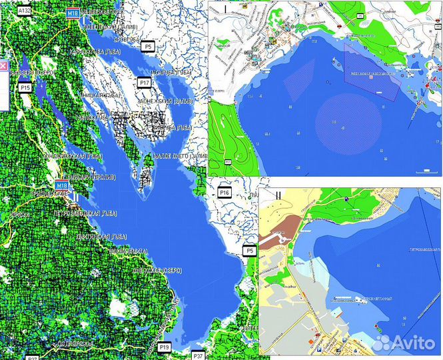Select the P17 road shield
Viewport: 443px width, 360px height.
(144, 82)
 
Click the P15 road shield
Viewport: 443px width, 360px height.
(26, 87)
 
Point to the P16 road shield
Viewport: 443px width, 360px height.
(224, 193)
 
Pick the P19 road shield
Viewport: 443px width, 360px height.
(165, 347)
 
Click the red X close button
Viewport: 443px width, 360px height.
(3, 66)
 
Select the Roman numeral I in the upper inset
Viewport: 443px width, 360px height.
(226, 9)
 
